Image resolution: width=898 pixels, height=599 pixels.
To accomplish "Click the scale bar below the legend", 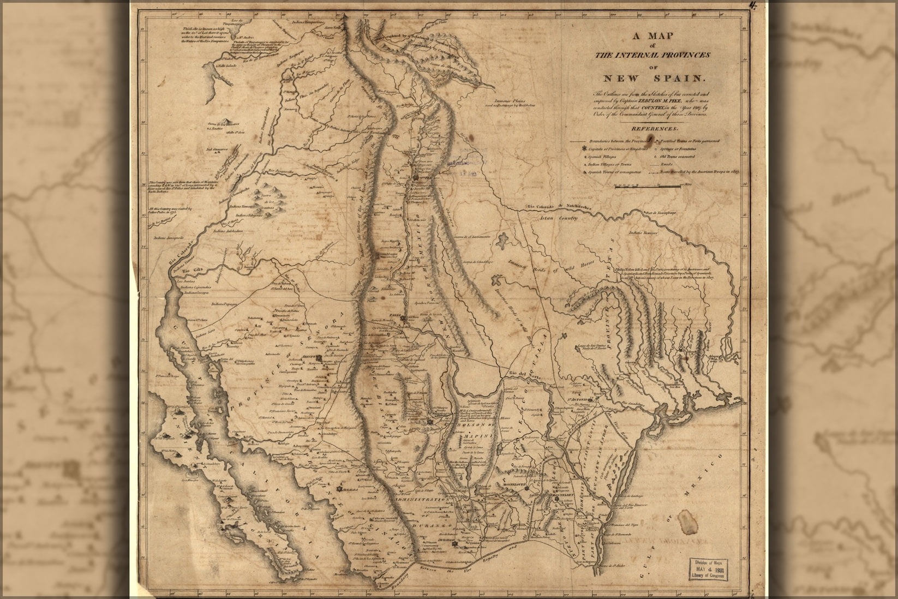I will (647, 187).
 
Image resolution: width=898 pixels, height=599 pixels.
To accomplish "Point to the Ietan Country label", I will (560, 218).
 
